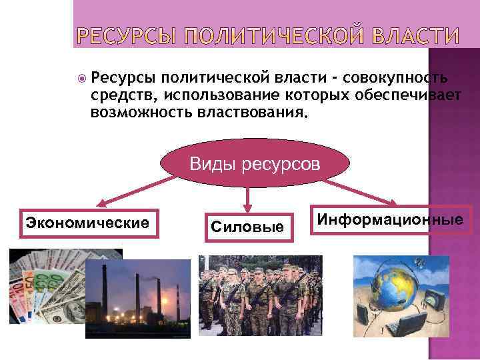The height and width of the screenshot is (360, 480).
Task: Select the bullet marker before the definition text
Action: (x=81, y=77)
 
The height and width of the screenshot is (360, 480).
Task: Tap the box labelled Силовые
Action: (x=247, y=227)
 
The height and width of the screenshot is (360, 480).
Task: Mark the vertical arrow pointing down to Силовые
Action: (x=248, y=197)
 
